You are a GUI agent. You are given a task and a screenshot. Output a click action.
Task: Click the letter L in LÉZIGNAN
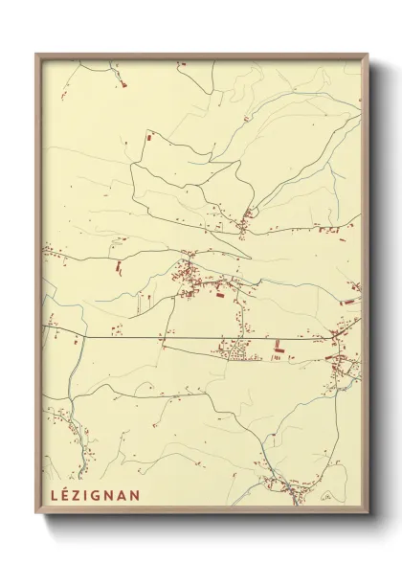coord(50,496)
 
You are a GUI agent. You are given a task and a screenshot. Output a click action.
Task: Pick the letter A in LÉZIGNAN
coord(122,496)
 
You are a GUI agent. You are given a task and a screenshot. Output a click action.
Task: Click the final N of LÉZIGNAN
coord(135,496)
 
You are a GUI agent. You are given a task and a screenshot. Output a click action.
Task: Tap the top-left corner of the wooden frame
coord(36,55)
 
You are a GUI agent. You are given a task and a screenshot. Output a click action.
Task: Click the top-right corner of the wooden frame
coord(368,55)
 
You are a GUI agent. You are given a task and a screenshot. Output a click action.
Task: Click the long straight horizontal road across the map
coord(144,337)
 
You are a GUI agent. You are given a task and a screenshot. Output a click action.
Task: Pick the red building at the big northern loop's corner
coord(148,142)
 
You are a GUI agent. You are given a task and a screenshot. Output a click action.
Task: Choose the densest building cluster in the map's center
coord(196,278)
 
